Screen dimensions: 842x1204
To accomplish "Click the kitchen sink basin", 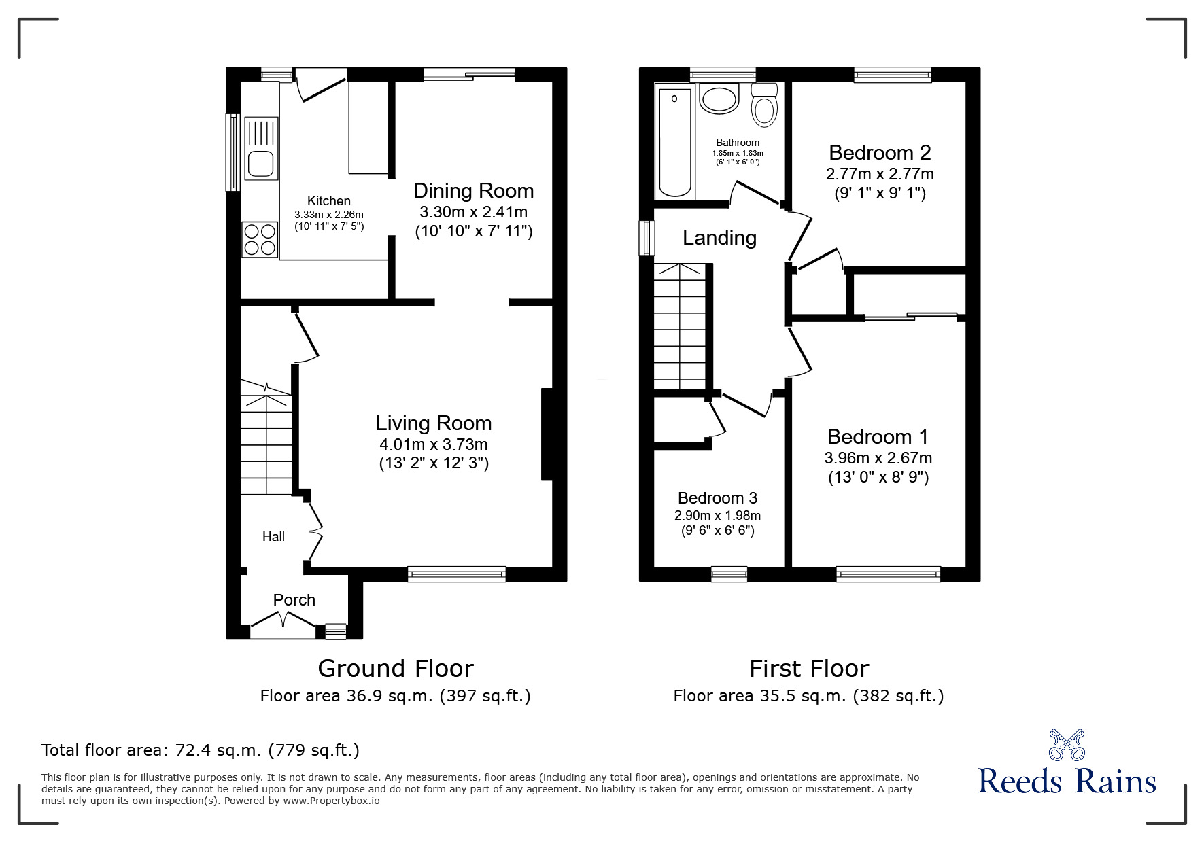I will coord(260,164).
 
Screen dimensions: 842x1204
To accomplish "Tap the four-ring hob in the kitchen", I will coord(260,239).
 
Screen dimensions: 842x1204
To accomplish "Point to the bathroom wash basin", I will coord(719,99).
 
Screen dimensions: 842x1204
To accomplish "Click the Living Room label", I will coord(434,423).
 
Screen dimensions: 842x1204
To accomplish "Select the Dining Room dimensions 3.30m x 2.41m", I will coord(473,211).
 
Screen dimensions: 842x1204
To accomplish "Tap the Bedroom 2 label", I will coord(880,152).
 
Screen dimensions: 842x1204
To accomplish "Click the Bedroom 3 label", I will coord(717,498).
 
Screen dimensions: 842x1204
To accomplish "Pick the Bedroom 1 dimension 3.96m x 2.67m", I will coord(878,458).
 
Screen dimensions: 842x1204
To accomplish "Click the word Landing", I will coord(719,238).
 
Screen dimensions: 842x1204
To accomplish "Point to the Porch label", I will coord(294,600).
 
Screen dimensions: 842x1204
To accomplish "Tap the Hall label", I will coord(273,537).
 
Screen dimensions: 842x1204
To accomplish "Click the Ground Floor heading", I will coord(395,669).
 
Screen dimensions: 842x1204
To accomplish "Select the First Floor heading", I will coord(808,669).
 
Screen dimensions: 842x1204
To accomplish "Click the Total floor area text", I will coord(201,750).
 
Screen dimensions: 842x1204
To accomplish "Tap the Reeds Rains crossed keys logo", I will coord(1067,744).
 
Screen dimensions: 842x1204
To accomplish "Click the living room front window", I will coord(457,574).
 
